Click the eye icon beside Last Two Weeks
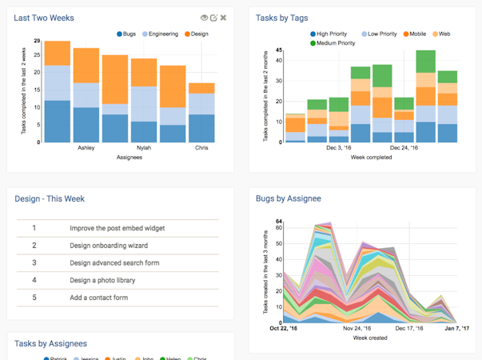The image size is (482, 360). (x=205, y=18)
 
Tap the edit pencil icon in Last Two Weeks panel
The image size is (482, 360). (x=214, y=18)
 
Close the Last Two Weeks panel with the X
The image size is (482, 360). (x=224, y=18)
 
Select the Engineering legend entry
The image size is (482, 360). (x=161, y=34)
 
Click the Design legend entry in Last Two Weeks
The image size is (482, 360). (x=197, y=34)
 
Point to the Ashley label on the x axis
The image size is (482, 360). (x=86, y=148)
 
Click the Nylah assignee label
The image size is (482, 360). (x=144, y=148)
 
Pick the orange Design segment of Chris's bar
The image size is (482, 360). (x=201, y=88)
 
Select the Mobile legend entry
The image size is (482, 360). (x=417, y=34)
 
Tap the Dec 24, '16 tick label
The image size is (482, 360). (x=404, y=148)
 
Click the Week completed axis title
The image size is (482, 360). (x=372, y=158)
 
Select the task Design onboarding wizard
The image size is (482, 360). (x=109, y=246)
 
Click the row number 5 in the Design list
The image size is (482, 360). (x=34, y=298)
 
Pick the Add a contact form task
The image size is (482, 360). (x=99, y=298)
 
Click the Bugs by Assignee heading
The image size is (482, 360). (x=289, y=198)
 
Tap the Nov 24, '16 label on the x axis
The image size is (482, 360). (x=357, y=328)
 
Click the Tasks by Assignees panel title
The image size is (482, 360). (x=50, y=344)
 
